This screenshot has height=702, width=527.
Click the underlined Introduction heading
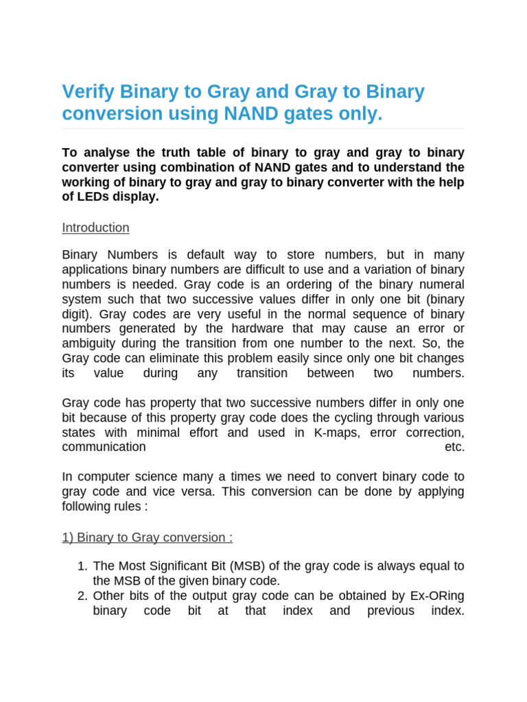click(x=95, y=228)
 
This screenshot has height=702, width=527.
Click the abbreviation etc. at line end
click(x=454, y=447)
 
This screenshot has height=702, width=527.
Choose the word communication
click(x=104, y=447)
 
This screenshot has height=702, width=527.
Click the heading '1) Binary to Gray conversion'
click(x=147, y=537)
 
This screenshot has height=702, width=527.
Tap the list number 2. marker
click(x=82, y=596)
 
